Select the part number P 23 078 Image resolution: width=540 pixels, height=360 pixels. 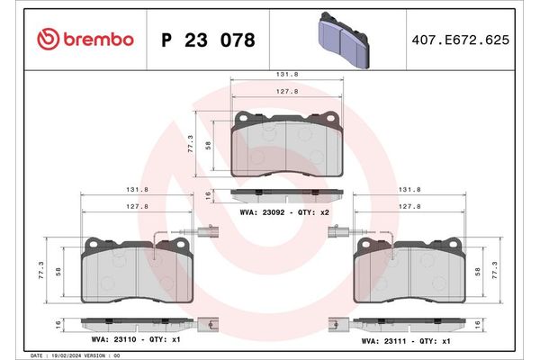click(x=207, y=40)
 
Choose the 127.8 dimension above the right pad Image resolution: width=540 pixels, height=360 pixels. click(x=410, y=205)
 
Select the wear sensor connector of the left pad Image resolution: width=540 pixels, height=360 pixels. click(x=208, y=230)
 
